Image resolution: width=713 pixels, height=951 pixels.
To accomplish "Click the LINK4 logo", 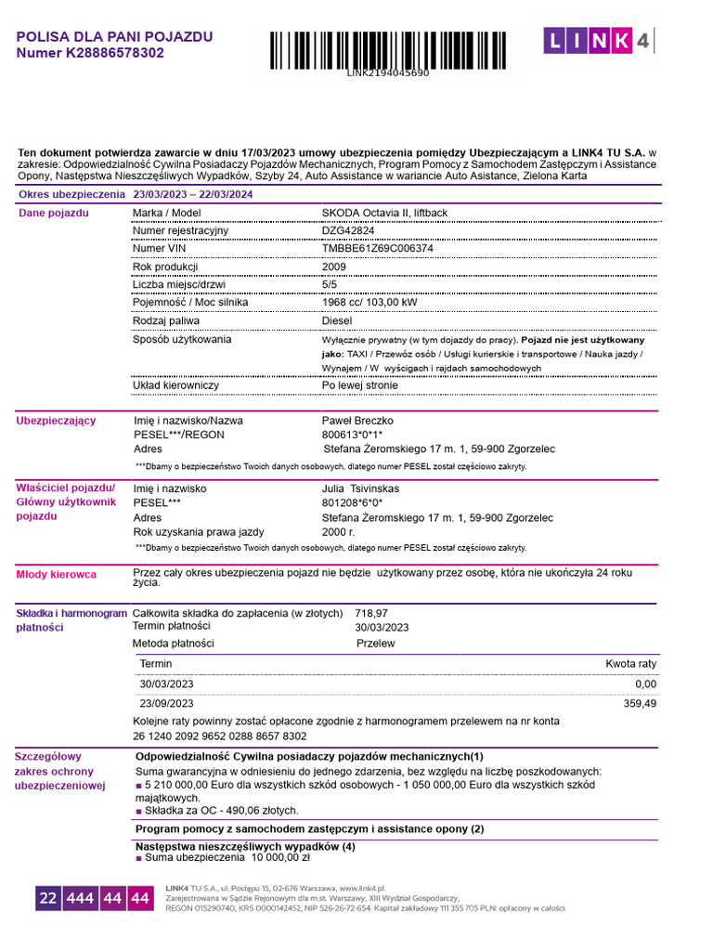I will [x=598, y=40].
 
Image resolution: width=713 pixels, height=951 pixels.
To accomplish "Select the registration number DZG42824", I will [x=348, y=230].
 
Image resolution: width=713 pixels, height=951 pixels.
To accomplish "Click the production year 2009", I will [x=333, y=267].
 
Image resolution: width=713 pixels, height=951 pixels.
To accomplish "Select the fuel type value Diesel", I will [x=337, y=320].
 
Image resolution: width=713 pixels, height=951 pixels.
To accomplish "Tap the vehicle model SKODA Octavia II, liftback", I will [x=384, y=213].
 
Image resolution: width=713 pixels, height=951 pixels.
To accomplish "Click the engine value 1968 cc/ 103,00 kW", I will [x=369, y=303].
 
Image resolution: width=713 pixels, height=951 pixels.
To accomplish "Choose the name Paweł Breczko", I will [x=357, y=421].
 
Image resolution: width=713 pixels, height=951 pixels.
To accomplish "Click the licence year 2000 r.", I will [x=338, y=532].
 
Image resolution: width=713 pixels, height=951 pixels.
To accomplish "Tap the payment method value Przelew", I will [x=376, y=644].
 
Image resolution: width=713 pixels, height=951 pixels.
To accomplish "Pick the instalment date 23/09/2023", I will [x=166, y=704].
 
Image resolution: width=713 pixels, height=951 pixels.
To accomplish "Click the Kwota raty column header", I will [x=630, y=664].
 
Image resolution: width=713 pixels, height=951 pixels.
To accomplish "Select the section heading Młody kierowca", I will [x=57, y=575].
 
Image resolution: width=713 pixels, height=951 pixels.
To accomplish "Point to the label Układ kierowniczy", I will [x=175, y=385].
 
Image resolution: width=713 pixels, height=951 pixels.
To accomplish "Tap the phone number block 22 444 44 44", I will [x=94, y=898].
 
